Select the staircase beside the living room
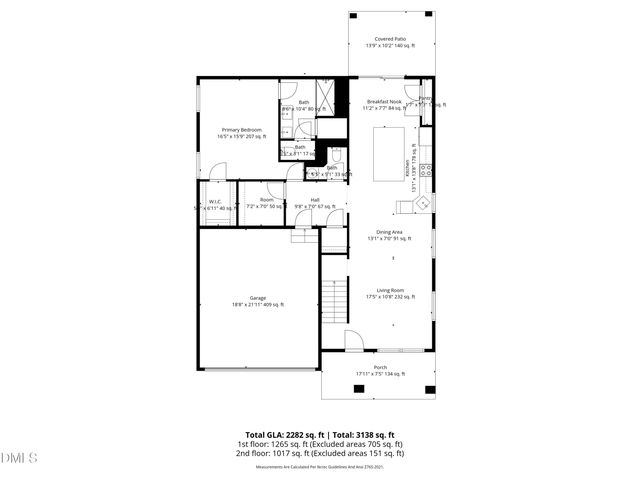(x=335, y=299)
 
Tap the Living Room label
(x=383, y=293)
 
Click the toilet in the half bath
(x=337, y=156)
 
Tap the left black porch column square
(x=328, y=388)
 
